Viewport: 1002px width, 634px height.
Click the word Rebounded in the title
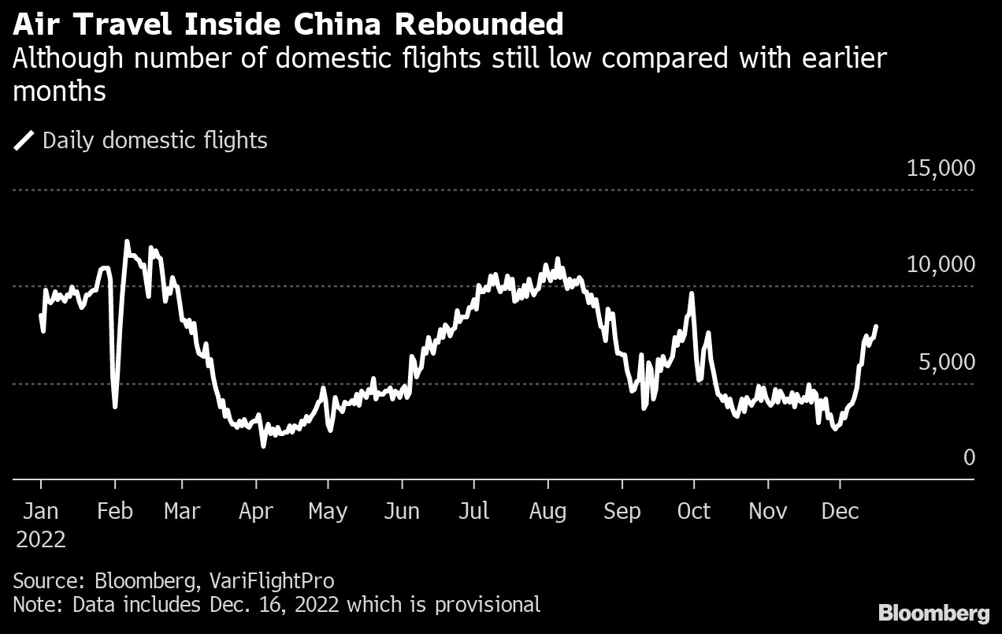(479, 24)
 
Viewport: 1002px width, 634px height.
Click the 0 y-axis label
(969, 457)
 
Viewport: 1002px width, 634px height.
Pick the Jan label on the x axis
(40, 511)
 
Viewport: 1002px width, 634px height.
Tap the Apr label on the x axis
(255, 511)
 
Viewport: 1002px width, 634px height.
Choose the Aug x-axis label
(547, 511)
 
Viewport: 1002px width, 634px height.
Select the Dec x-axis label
(840, 511)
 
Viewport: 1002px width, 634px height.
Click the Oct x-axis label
(694, 511)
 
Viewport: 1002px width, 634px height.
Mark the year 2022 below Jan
(40, 540)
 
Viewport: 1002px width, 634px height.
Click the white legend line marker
(24, 141)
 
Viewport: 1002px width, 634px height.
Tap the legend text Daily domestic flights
(155, 141)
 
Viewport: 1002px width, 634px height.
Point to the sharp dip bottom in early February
(116, 406)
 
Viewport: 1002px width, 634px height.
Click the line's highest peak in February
(127, 242)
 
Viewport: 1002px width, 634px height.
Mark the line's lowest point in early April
(263, 446)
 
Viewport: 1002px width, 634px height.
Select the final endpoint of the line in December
(877, 326)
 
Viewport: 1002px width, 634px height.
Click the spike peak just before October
(691, 293)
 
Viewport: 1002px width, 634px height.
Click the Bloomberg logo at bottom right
(933, 613)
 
